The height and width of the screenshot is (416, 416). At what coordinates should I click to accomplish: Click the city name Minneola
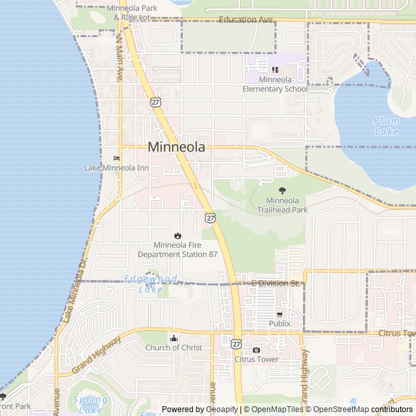pyautogui.click(x=177, y=148)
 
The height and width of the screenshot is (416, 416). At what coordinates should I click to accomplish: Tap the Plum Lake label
pyautogui.click(x=386, y=125)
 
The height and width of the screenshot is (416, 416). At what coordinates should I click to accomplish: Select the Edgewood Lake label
pyautogui.click(x=142, y=283)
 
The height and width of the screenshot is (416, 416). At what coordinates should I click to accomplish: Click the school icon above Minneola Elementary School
pyautogui.click(x=275, y=69)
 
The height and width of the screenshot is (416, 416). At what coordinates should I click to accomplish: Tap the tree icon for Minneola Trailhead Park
pyautogui.click(x=282, y=190)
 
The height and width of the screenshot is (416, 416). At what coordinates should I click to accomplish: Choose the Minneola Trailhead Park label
pyautogui.click(x=282, y=205)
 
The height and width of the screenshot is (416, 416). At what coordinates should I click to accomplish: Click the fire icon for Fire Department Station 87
pyautogui.click(x=177, y=235)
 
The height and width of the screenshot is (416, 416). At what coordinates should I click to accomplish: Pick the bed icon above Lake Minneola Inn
pyautogui.click(x=116, y=158)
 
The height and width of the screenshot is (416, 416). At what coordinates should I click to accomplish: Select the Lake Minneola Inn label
pyautogui.click(x=116, y=168)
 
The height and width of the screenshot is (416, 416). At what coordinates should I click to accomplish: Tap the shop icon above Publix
pyautogui.click(x=279, y=314)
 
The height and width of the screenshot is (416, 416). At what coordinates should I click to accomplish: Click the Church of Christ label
pyautogui.click(x=173, y=348)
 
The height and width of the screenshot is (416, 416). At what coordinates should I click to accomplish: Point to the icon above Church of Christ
pyautogui.click(x=173, y=338)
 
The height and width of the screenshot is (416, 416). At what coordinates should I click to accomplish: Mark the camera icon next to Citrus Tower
pyautogui.click(x=256, y=350)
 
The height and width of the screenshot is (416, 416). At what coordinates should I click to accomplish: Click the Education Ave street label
pyautogui.click(x=246, y=19)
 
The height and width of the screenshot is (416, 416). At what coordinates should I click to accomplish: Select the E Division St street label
pyautogui.click(x=275, y=283)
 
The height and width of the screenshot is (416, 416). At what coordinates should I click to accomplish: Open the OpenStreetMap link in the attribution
pyautogui.click(x=339, y=409)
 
